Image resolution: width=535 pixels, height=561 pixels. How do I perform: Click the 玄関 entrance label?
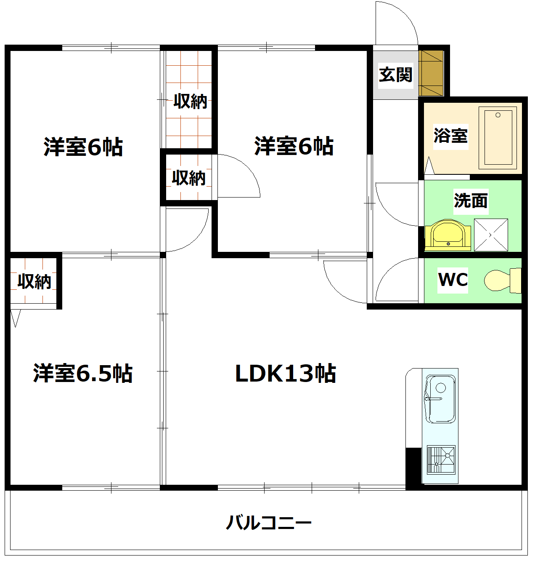pyautogui.click(x=395, y=75)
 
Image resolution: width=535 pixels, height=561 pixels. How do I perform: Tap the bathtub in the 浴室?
pyautogui.click(x=498, y=138)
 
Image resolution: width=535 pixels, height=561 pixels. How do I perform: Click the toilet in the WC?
pyautogui.click(x=502, y=280)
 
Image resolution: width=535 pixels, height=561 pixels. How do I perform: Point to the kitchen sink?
pyautogui.click(x=440, y=398)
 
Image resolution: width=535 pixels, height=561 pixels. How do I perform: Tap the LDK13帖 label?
pyautogui.click(x=285, y=374)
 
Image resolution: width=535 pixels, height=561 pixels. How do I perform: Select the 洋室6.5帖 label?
pyautogui.click(x=83, y=374)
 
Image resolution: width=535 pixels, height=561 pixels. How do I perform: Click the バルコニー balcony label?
pyautogui.click(x=268, y=523)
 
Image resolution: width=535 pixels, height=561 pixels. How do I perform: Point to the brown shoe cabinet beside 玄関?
pyautogui.click(x=431, y=74)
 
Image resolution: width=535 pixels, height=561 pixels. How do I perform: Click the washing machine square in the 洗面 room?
pyautogui.click(x=491, y=235)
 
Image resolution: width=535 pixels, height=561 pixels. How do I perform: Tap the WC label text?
pyautogui.click(x=453, y=280)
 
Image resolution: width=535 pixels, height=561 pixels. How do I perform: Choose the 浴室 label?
pyautogui.click(x=450, y=136)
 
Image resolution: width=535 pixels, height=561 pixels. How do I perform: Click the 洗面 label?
pyautogui.click(x=471, y=200)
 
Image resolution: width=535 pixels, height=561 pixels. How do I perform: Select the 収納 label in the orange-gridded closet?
pyautogui.click(x=190, y=101)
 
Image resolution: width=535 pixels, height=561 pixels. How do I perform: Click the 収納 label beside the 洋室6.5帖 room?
pyautogui.click(x=34, y=281)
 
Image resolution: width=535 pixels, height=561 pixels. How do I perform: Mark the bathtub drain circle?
pyautogui.click(x=498, y=115)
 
